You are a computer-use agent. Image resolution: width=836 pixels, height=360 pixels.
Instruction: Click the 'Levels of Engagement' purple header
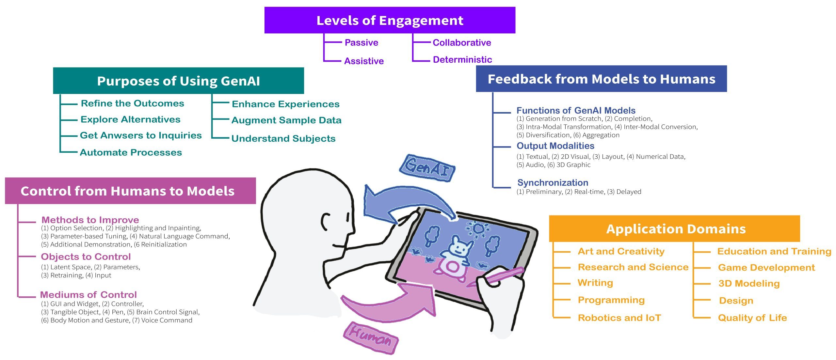coord(390,20)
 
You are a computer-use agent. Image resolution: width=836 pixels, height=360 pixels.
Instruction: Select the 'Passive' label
coord(361,42)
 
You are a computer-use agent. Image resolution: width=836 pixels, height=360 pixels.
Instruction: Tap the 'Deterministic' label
coord(462,60)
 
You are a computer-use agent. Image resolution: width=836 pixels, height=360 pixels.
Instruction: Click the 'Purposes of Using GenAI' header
coord(178,81)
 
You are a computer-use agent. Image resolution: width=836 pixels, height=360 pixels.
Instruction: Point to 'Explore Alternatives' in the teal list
coord(130,119)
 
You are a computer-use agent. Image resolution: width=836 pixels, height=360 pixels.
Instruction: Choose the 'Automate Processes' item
coord(131,152)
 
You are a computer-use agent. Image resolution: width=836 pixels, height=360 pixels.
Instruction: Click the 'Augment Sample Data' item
coord(286,120)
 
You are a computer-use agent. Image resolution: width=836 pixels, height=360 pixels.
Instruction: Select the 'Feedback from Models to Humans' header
coord(601,79)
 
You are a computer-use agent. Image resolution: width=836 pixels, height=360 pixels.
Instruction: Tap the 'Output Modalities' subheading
coord(555,146)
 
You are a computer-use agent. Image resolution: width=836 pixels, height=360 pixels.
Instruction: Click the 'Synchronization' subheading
coord(553,182)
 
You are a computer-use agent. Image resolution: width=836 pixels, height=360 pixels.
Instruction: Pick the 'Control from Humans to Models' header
coord(127,191)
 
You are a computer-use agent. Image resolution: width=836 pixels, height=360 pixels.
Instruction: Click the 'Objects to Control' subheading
coord(86,257)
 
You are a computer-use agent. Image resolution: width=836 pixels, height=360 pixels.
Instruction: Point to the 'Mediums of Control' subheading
coord(88,295)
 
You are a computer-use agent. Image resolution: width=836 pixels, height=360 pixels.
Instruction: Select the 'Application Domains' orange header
coord(676,229)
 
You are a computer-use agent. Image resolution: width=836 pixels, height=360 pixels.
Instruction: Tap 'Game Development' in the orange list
coord(766,268)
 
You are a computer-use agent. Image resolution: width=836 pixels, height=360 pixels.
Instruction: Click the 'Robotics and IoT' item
coord(619,318)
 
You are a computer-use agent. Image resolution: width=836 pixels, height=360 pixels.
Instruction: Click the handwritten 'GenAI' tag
coord(427,167)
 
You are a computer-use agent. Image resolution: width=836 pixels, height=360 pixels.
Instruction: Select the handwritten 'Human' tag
coord(371,337)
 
